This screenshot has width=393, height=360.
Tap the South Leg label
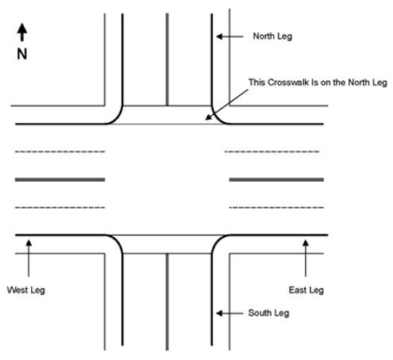click(269, 313)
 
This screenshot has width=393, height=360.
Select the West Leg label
click(25, 289)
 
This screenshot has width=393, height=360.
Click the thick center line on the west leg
click(60, 180)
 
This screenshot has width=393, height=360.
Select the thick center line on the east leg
click(276, 180)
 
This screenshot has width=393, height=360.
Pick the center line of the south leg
click(167, 301)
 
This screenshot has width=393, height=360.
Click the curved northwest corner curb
click(116, 117)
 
